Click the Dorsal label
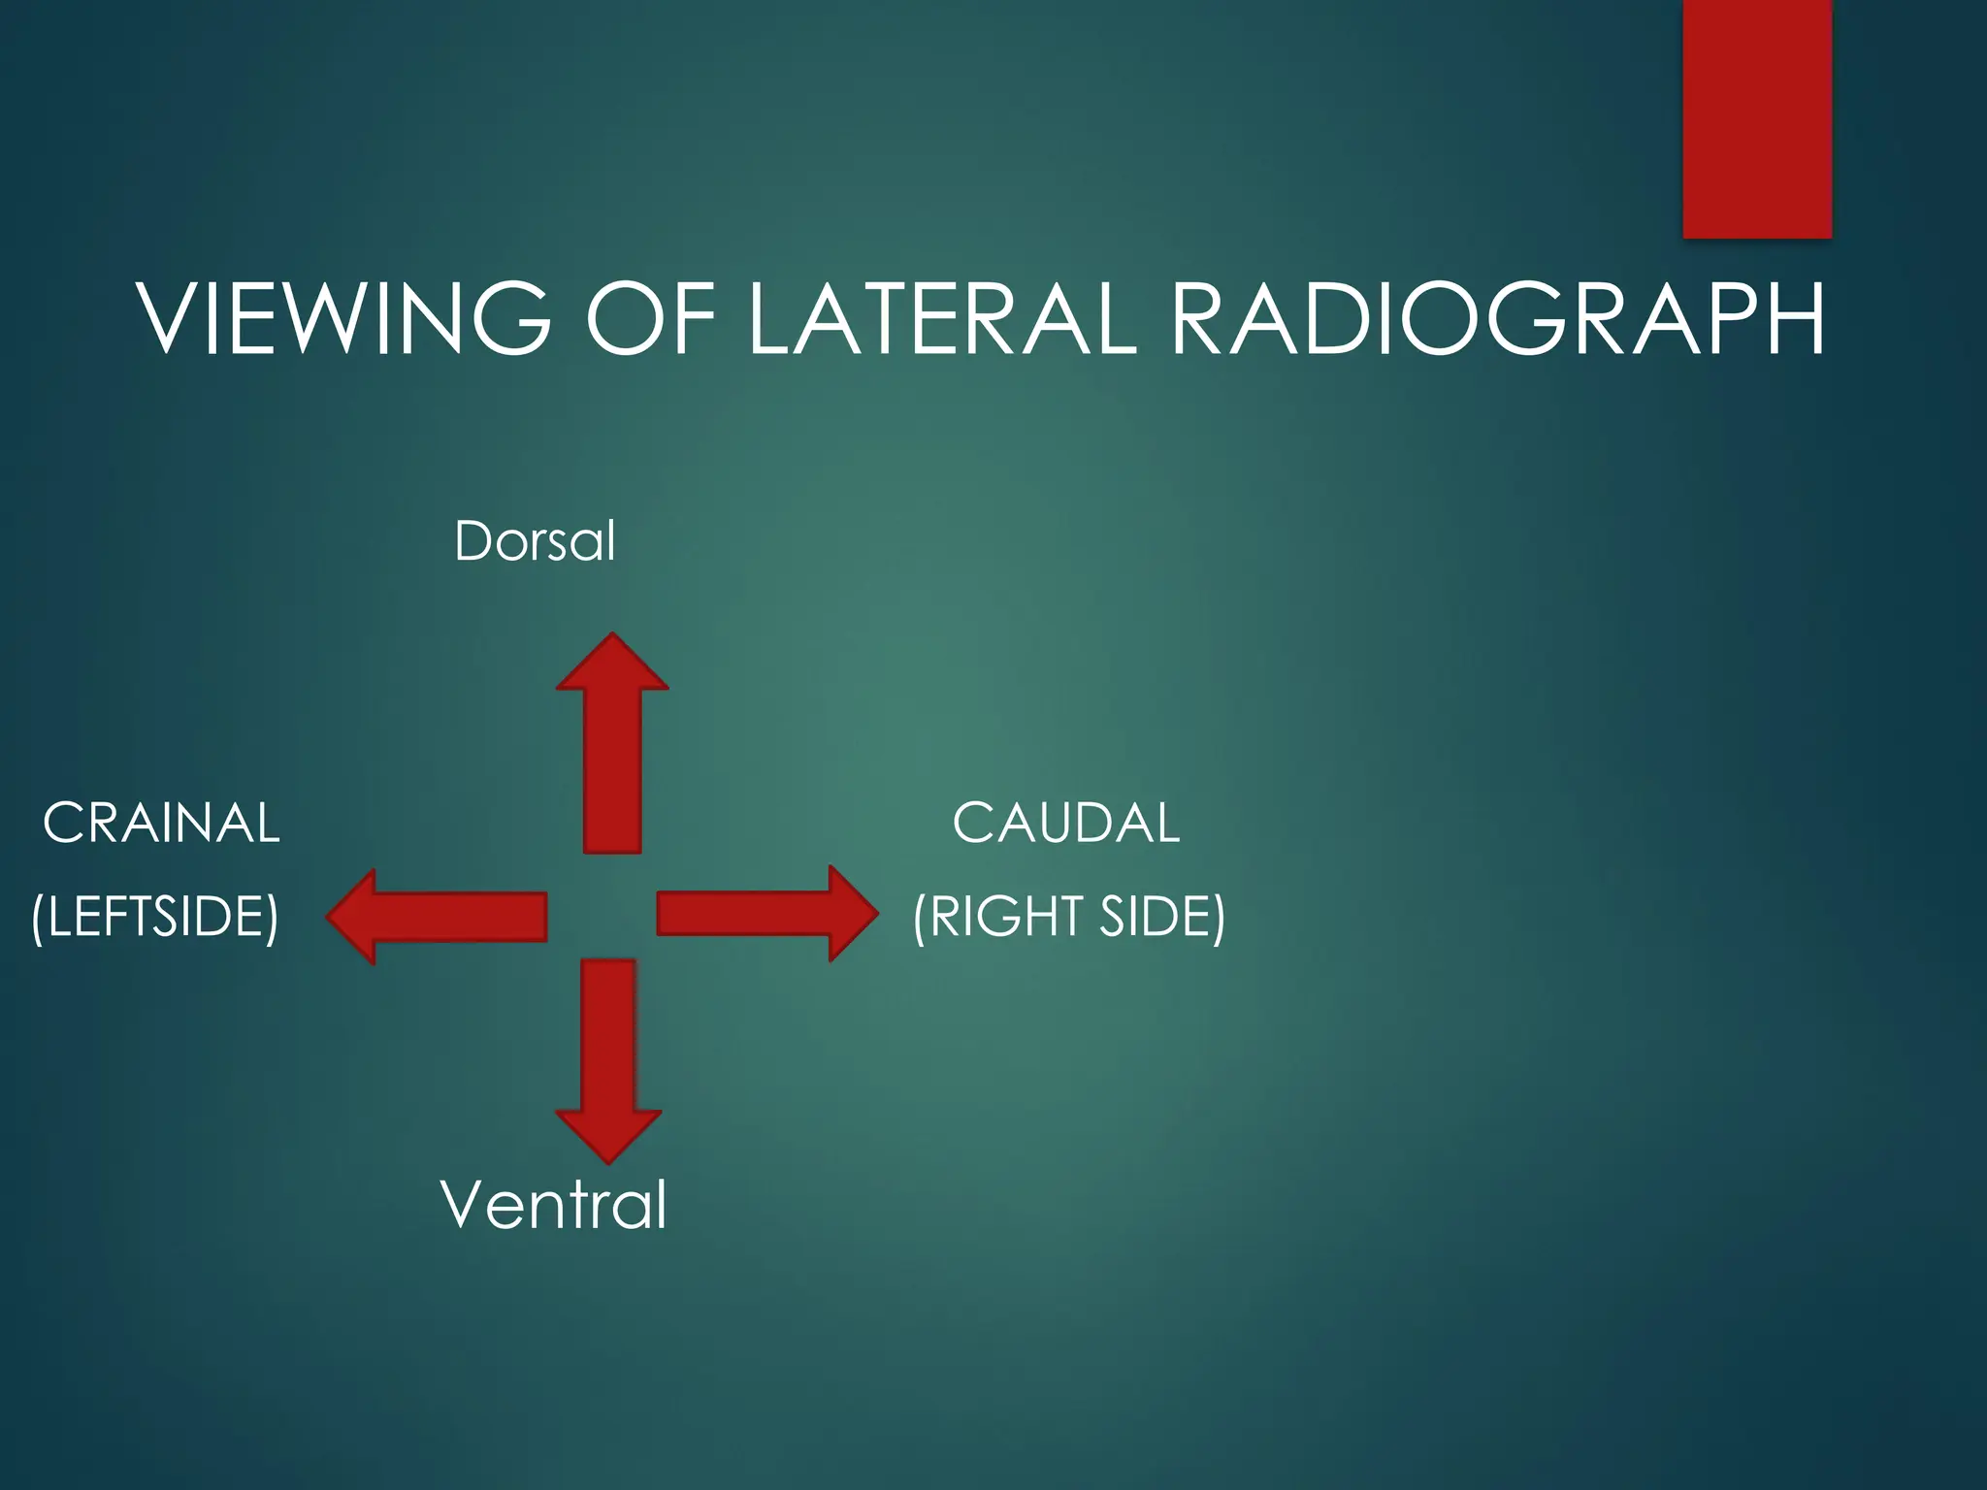[535, 540]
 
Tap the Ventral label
[553, 1205]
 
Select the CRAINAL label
[161, 824]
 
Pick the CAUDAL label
[1065, 824]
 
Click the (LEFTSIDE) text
[155, 917]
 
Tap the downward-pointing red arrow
[608, 1057]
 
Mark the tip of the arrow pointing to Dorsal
[612, 635]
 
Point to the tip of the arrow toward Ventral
[608, 1161]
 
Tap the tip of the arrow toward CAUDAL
[877, 914]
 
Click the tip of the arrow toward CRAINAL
[329, 917]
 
